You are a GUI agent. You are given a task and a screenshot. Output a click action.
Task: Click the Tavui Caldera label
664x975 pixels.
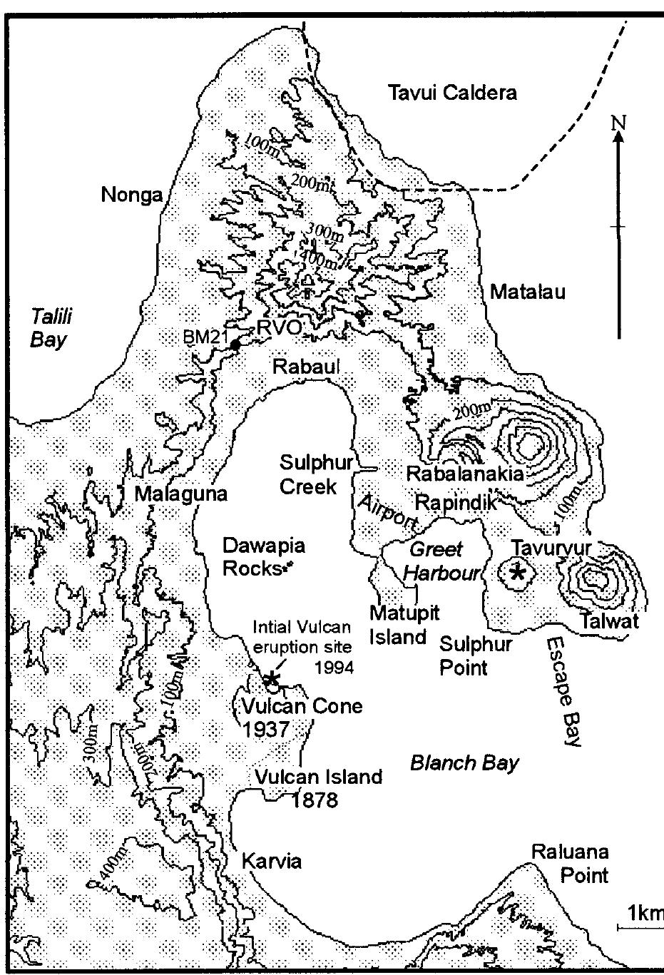coord(451,93)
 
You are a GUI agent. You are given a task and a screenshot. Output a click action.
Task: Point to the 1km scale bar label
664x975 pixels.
coord(644,914)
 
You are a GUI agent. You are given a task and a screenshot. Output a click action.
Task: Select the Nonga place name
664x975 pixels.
coord(131,195)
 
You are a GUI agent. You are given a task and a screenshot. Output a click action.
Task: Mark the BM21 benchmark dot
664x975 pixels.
coord(234,346)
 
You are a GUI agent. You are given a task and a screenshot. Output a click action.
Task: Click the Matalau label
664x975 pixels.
coord(526,291)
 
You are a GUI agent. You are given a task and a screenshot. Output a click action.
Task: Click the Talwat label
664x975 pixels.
coord(610,621)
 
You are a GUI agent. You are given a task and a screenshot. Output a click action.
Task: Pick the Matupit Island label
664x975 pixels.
coord(404,624)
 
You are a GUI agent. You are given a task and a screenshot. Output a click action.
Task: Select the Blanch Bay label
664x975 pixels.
coord(464,762)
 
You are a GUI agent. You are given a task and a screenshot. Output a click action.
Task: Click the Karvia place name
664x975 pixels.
coord(272,861)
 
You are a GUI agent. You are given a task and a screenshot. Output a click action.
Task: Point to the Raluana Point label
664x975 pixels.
coord(569,864)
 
